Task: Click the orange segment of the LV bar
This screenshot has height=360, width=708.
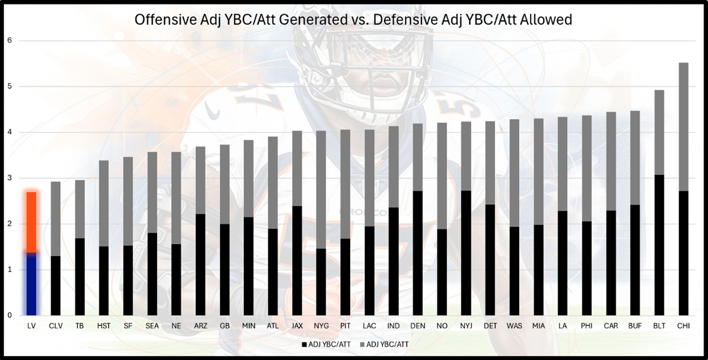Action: (31, 222)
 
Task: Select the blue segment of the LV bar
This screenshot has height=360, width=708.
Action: (31, 283)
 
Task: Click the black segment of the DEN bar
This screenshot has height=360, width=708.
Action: (418, 253)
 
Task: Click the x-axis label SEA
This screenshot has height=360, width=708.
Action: (152, 326)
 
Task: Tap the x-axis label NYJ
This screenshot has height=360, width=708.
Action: (466, 326)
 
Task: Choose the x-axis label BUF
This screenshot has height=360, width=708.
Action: (635, 326)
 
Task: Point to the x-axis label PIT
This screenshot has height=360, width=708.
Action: (345, 326)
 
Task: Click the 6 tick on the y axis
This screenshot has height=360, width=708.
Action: (9, 40)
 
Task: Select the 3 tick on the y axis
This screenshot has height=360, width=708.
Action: (9, 178)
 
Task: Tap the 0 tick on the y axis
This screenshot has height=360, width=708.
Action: (9, 315)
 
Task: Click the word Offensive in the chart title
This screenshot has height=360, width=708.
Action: (161, 20)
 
